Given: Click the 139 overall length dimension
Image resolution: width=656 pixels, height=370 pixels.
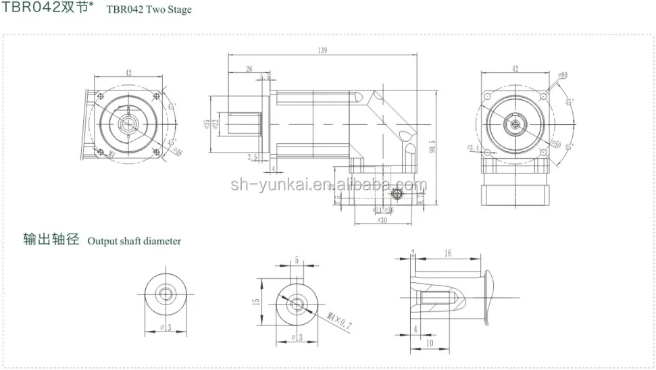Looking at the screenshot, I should coord(324,51).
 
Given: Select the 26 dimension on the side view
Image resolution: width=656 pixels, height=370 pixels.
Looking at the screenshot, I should coord(249,68).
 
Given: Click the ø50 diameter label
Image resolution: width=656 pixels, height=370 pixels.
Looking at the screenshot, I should coord(556,144).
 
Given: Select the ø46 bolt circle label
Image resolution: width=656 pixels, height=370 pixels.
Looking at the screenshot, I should coord(177,152).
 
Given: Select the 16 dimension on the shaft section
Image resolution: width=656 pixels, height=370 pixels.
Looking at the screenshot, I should coord(447,253).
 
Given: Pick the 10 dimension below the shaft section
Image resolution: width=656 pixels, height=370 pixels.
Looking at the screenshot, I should coord(429,343).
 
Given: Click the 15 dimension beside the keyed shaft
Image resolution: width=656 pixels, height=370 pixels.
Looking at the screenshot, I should coord(257,302).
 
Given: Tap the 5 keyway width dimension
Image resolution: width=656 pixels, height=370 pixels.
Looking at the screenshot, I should coord(296,260).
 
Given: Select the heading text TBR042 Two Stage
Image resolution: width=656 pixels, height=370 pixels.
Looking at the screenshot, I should coord(149,9).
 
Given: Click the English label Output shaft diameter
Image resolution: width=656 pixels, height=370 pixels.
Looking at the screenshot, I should coord(134,241).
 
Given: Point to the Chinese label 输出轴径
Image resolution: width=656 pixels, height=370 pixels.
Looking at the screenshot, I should coord(51,240).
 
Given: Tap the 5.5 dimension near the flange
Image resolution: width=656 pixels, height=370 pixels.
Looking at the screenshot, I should coord(266,77).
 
